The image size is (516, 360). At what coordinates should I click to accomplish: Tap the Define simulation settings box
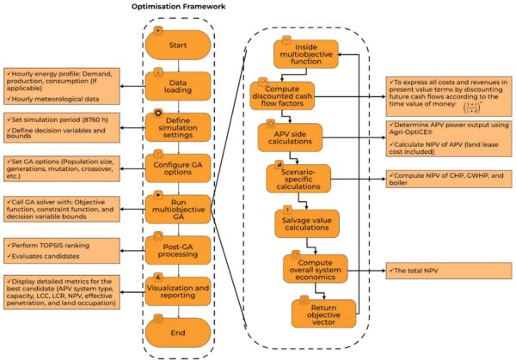[179, 125]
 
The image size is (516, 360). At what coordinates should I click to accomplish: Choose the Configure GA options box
[179, 165]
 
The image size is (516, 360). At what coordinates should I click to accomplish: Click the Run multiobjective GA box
[179, 206]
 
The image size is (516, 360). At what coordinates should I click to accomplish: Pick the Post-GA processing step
[179, 247]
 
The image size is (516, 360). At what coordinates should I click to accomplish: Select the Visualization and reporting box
[179, 290]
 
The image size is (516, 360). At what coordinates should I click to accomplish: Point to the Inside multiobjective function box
[304, 56]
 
